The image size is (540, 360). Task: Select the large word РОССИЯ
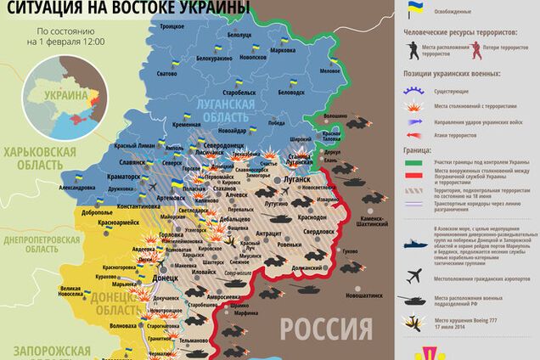coord(327,328)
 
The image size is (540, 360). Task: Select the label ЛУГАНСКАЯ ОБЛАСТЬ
coord(222,109)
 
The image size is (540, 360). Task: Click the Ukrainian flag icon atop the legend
coord(415,9)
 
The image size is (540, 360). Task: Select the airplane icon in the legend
coord(413,275)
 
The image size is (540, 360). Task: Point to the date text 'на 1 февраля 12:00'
coord(70,41)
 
